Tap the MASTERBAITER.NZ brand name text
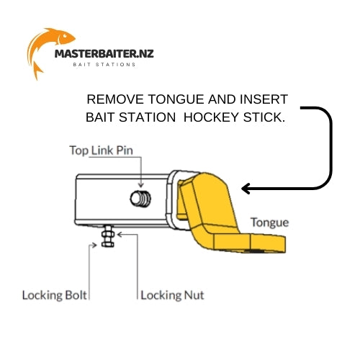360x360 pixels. click(104, 53)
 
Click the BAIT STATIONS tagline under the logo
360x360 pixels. click(104, 65)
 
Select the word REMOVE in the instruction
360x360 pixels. click(115, 99)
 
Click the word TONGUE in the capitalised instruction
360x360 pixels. click(176, 99)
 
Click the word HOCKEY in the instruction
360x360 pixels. click(211, 117)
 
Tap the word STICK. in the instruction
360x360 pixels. click(264, 117)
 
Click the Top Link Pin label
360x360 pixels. click(101, 150)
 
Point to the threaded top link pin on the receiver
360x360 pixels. click(140, 199)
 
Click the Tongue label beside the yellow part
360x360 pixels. click(269, 222)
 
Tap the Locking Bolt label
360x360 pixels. click(55, 295)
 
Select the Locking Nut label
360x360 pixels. click(172, 295)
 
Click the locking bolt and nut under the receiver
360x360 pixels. click(108, 236)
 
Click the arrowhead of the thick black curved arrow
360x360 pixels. click(246, 189)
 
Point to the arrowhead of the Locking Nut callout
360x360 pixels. click(120, 235)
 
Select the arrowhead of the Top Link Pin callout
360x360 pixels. click(141, 185)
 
